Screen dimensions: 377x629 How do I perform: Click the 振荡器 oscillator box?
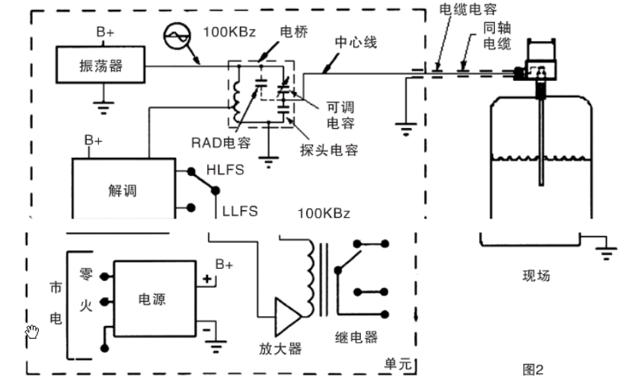101,66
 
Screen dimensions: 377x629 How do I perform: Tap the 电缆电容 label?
469,10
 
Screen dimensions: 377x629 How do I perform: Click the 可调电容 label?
340,113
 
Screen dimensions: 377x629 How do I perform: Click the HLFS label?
226,170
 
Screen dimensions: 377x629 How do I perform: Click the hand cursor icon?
32,331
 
